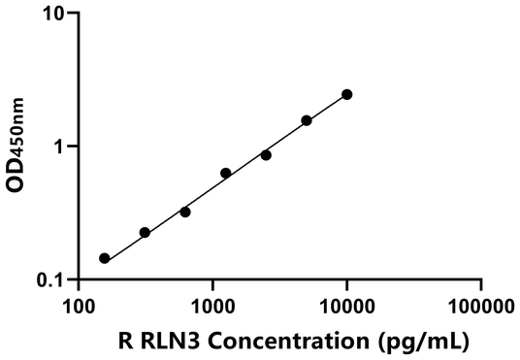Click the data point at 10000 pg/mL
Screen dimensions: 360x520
pos(347,94)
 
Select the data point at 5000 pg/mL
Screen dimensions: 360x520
pos(307,120)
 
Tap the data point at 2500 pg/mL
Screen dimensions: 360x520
pos(266,154)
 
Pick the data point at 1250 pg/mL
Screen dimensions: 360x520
pos(226,173)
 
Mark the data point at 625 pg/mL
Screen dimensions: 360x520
pos(185,212)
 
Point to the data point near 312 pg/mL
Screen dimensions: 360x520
pos(145,232)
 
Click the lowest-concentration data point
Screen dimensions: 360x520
pos(105,258)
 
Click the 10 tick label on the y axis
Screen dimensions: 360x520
pos(55,15)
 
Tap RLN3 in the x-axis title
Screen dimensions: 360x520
pos(168,341)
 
